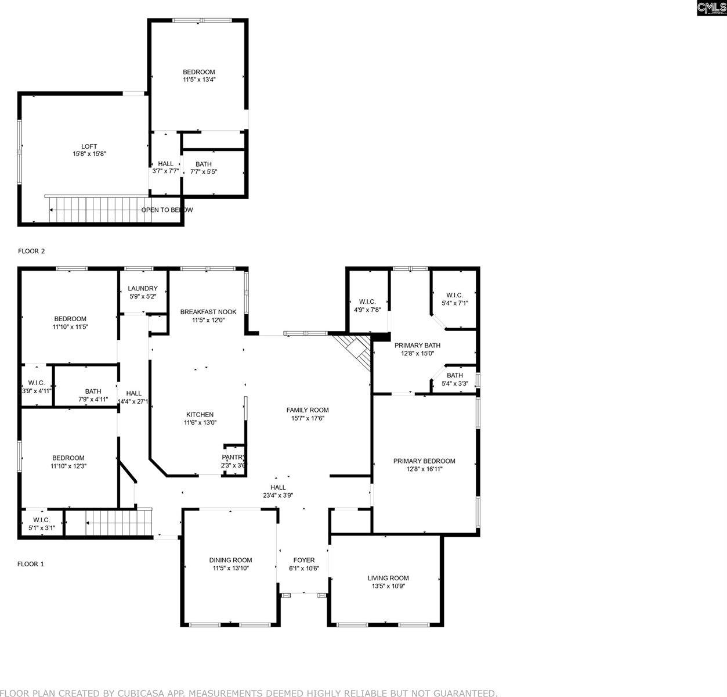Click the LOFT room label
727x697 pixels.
[89, 146]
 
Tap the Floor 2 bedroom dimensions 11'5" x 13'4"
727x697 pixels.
[199, 80]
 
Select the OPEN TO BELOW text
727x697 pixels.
[167, 210]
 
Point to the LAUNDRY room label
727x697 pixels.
[143, 289]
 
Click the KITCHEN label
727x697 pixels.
[200, 415]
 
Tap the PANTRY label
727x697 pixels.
[233, 457]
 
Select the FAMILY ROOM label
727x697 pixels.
[308, 410]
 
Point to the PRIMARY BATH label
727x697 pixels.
[414, 346]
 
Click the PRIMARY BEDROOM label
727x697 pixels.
[424, 461]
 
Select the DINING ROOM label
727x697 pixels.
[230, 561]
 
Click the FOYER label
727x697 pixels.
[304, 561]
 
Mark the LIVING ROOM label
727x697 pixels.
[388, 578]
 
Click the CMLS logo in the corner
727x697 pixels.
[710, 8]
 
